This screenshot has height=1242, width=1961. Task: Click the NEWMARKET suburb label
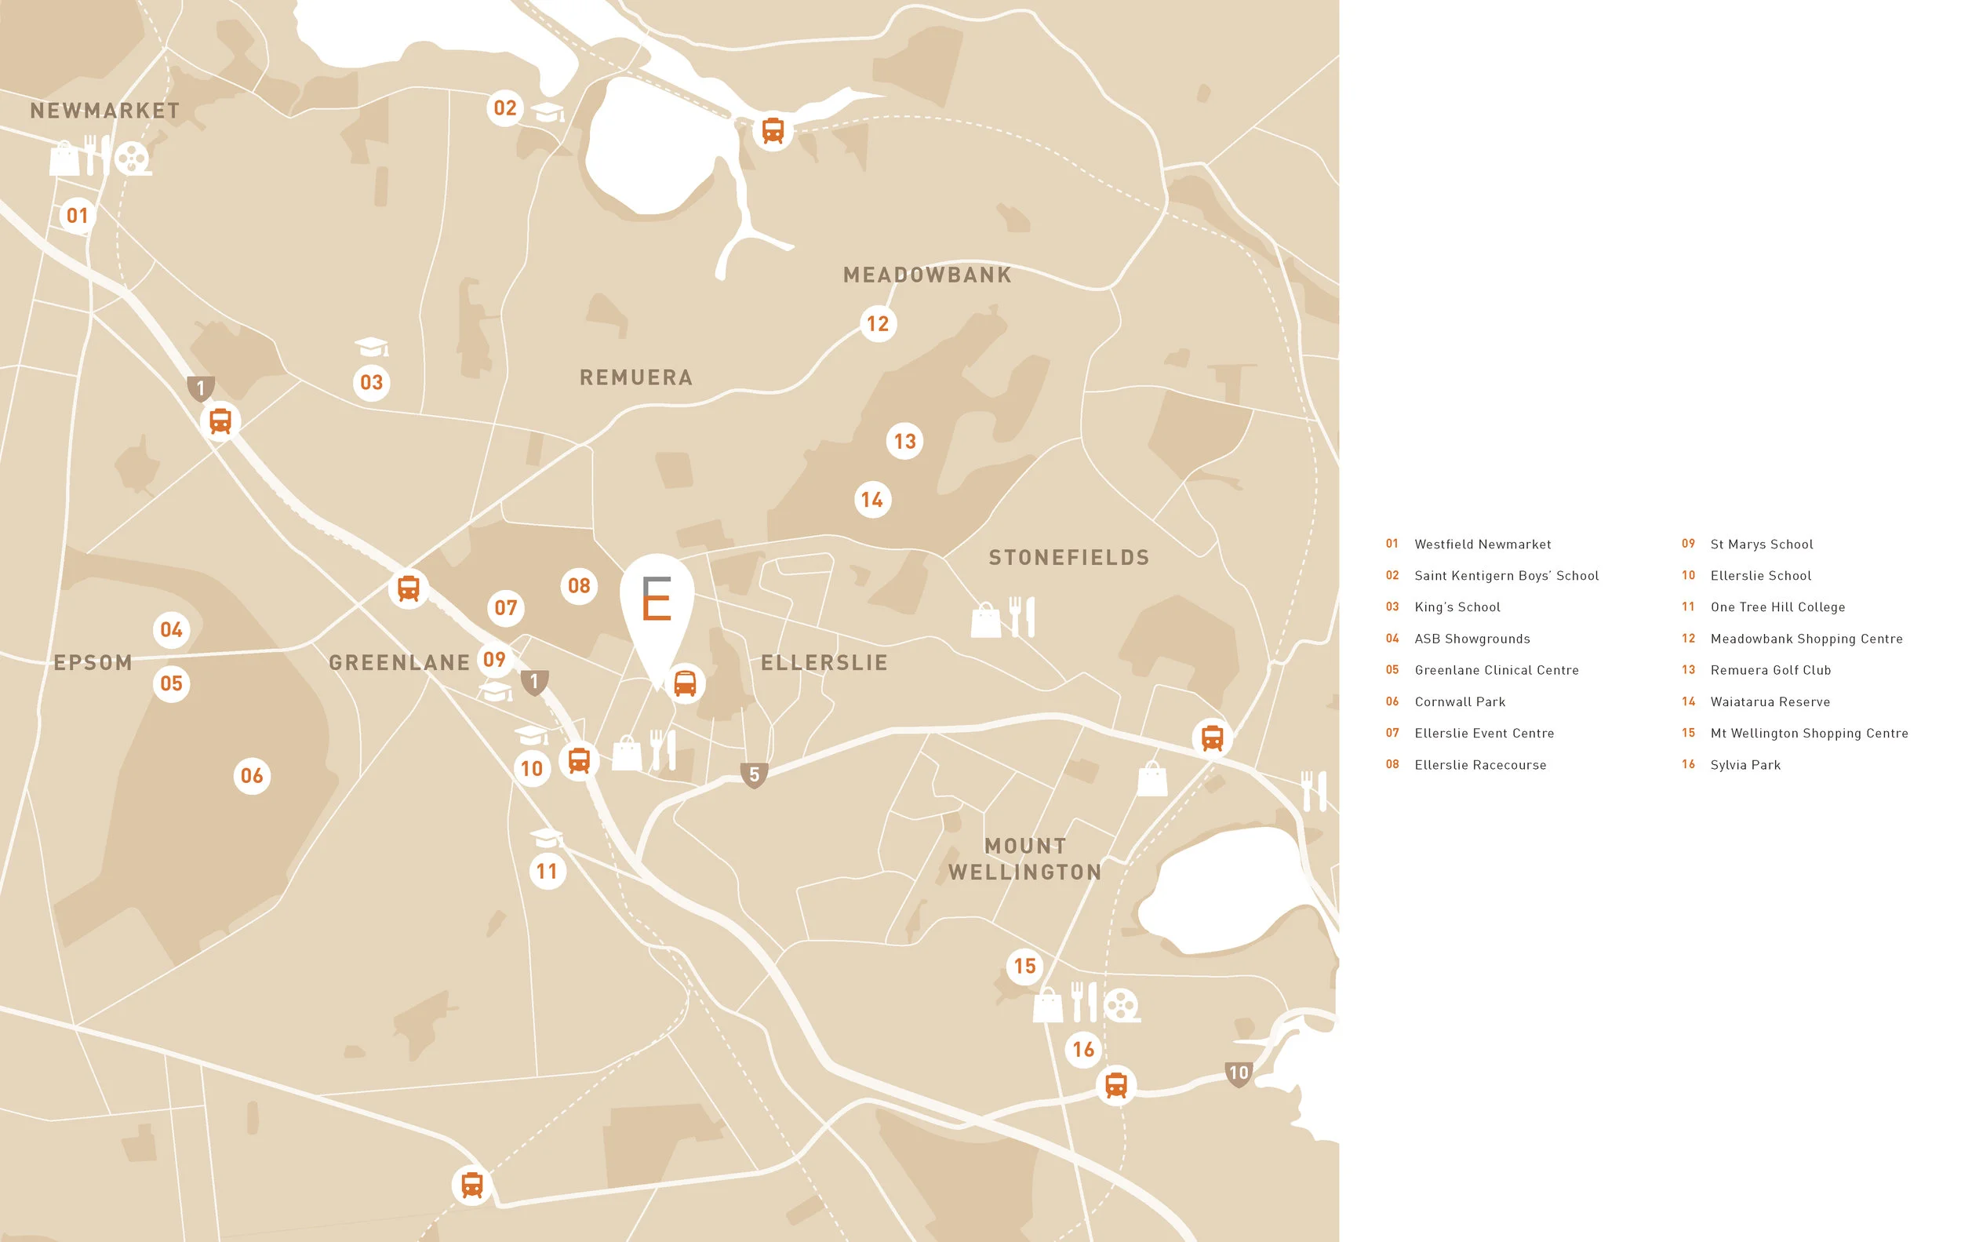pos(105,111)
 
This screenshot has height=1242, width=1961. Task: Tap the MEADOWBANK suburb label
pos(926,275)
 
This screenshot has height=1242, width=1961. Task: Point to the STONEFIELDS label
pos(1068,558)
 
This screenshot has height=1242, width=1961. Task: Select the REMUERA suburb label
pos(636,378)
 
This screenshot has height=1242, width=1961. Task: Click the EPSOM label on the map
pos(93,663)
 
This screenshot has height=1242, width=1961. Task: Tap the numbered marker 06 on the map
pos(252,775)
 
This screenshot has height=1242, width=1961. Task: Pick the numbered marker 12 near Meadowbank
pos(878,324)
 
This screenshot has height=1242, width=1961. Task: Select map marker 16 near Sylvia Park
pos(1083,1049)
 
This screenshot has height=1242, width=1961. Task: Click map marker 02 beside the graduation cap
pos(505,107)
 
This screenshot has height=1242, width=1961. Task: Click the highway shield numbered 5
pos(754,774)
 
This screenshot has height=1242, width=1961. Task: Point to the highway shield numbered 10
pos(1238,1073)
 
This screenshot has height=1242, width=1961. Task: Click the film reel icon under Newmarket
pos(132,158)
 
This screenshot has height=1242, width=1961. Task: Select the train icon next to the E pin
pos(685,683)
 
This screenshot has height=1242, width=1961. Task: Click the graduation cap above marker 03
pos(371,347)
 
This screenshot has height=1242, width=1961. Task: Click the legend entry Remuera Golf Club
pos(1770,670)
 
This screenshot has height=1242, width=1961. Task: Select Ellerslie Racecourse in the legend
pos(1479,765)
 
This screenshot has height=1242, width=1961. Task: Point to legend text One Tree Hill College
pos(1777,607)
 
